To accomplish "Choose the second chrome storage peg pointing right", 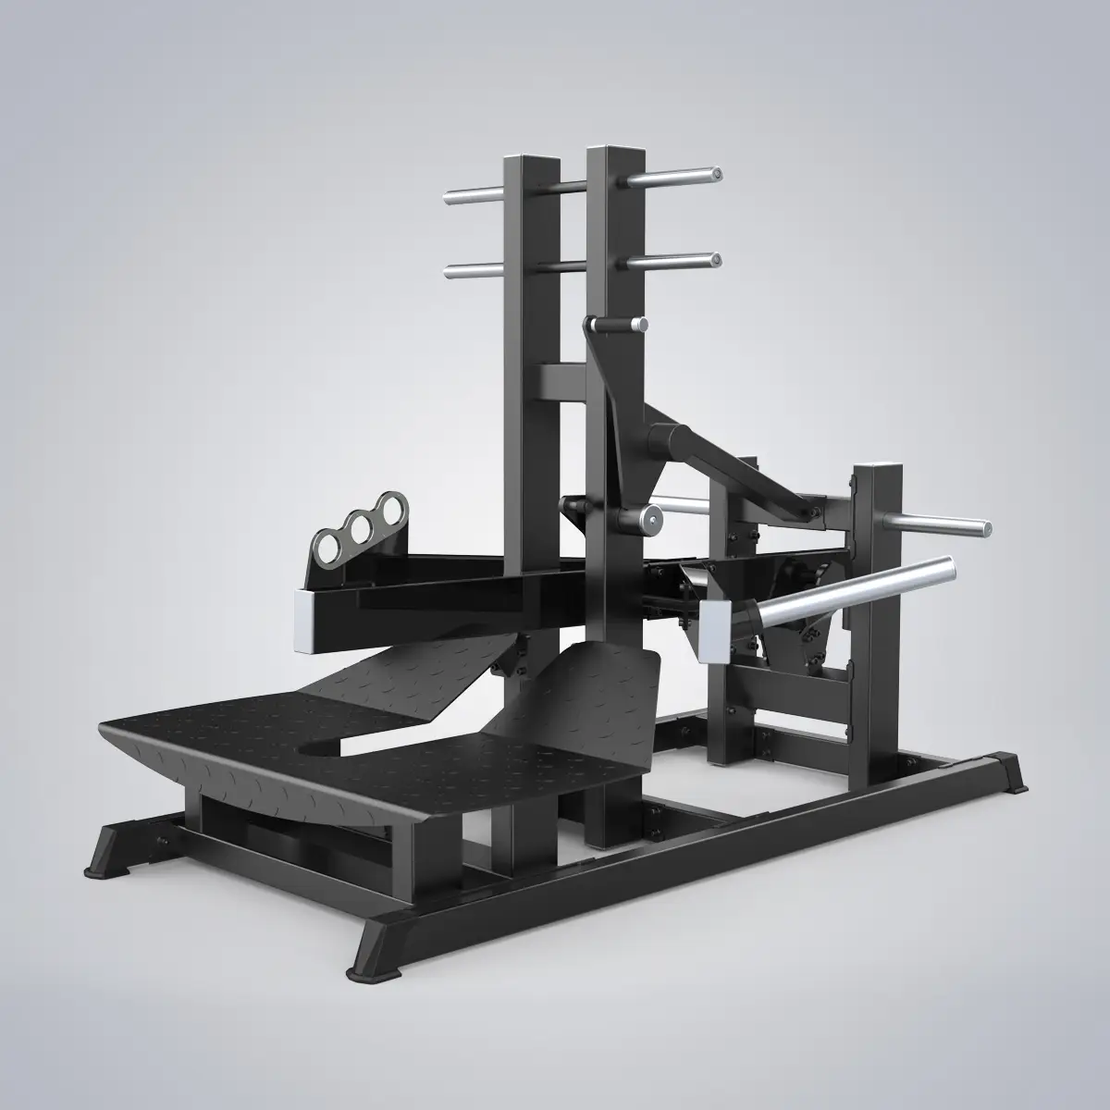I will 675,262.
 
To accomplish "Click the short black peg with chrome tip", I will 615,325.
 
